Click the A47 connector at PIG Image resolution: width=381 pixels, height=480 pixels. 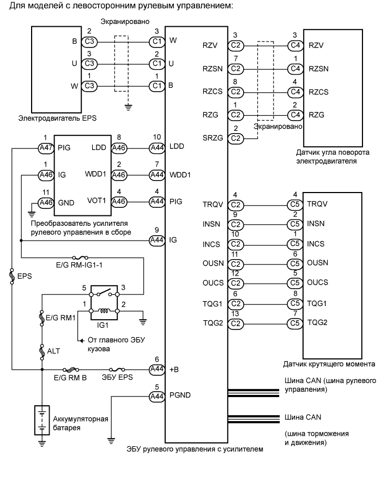pos(46,148)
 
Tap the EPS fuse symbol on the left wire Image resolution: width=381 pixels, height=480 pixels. pos(12,276)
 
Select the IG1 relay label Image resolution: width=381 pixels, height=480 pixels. pos(102,325)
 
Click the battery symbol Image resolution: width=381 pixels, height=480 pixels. pos(42,420)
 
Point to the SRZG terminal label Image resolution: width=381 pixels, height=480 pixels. pos(213,138)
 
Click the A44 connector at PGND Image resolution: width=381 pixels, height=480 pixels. pos(157,396)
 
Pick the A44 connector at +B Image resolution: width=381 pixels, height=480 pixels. pos(157,369)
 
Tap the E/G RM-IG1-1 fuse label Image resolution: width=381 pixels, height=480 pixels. pos(79,265)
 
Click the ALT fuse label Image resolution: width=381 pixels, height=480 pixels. pos(53,351)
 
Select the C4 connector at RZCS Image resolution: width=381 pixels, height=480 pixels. pos(295,92)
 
